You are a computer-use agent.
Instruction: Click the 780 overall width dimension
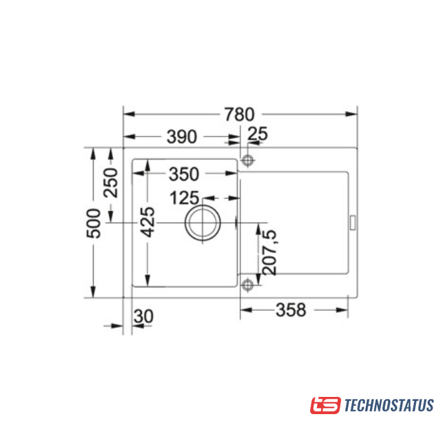tap(239, 114)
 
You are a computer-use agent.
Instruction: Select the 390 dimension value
tap(182, 136)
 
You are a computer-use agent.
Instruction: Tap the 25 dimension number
tap(257, 134)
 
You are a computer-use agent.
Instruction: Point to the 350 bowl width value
tap(184, 174)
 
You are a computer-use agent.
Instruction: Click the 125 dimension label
tap(185, 198)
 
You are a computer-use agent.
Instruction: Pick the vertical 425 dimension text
tap(148, 222)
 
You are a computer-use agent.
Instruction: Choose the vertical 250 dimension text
tap(110, 183)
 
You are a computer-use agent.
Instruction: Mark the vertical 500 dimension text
tap(94, 223)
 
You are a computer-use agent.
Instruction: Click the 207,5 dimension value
tap(269, 252)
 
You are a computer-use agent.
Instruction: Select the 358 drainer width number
tap(291, 310)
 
